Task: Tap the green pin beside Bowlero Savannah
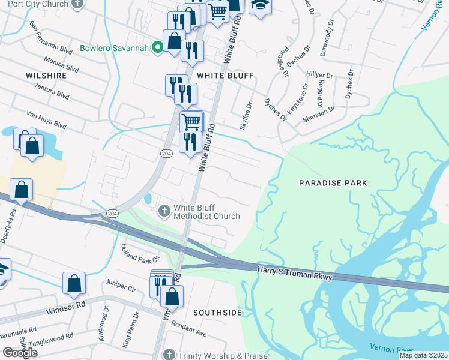(157, 47)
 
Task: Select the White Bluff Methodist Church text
(206, 212)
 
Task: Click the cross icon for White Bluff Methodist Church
(164, 211)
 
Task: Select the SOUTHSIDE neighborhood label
(217, 313)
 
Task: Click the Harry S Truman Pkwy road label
(295, 271)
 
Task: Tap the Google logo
(20, 353)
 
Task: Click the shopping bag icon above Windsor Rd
(74, 283)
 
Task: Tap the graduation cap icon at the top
(260, 6)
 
